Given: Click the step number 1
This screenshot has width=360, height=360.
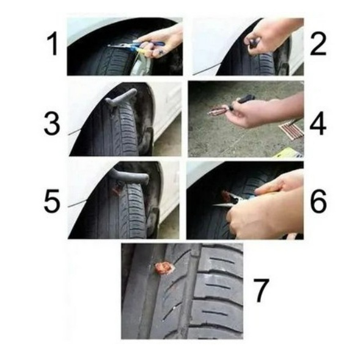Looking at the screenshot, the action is [x=53, y=44].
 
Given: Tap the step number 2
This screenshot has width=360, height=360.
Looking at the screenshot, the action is [x=318, y=44].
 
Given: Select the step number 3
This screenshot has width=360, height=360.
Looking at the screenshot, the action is [x=52, y=123].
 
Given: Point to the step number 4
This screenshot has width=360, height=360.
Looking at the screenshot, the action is [x=318, y=123].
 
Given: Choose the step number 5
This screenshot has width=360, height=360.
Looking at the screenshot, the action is [x=52, y=201].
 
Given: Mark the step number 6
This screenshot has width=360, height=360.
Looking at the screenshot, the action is [x=318, y=201].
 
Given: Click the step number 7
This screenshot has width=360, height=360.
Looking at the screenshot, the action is [x=261, y=290].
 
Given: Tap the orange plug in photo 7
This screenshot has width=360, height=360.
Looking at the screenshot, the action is [x=164, y=268].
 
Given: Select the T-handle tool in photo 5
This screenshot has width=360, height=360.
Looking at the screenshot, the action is [x=130, y=176].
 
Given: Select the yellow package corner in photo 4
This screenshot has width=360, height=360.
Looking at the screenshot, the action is [x=290, y=152].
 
